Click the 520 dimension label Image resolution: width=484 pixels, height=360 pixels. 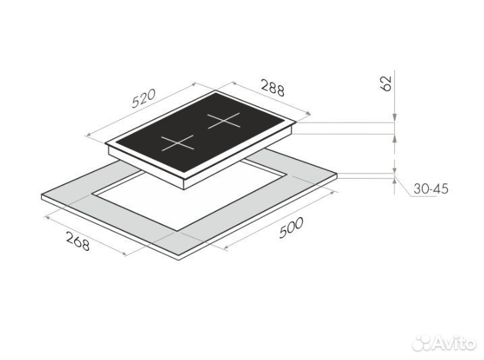tap(144, 98)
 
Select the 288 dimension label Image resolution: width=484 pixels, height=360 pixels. tap(273, 88)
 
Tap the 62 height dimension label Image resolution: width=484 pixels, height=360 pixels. tap(386, 84)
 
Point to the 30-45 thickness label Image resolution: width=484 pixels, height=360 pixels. tap(431, 189)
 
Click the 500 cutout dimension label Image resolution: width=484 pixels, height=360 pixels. tap(291, 228)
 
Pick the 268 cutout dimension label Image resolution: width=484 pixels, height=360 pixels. tap(78, 241)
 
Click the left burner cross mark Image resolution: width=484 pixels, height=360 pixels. tap(177, 143)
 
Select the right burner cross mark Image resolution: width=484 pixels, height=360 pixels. tap(224, 121)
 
